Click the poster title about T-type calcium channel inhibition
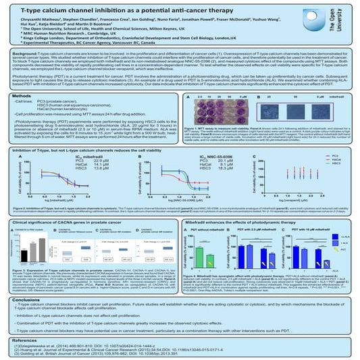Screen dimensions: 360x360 click(151, 8)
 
